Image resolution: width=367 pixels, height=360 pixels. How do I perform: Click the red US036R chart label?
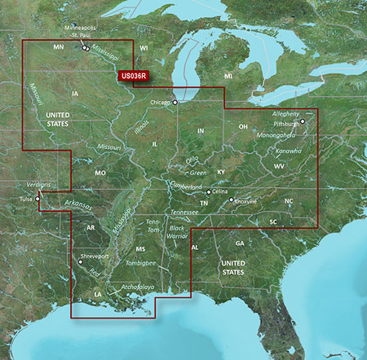click(x=133, y=77)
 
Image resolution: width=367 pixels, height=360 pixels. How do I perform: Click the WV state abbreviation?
click(x=278, y=166)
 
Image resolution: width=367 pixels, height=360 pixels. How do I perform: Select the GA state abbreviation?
click(x=240, y=244)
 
